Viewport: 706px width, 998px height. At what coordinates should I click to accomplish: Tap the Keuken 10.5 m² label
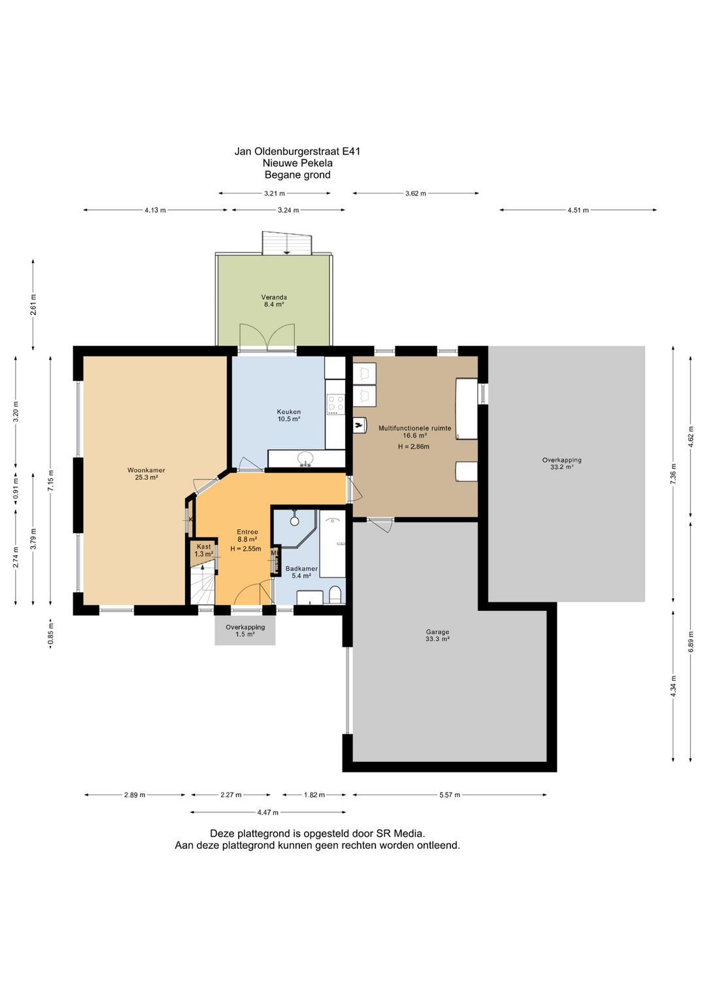(289, 415)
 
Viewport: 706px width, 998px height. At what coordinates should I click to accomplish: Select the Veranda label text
(274, 297)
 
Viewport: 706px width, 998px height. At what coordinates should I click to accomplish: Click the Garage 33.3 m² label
(437, 635)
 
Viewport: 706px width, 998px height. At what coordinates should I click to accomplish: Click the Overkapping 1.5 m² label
(245, 630)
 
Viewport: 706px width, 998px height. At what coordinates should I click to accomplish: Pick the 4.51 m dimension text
(578, 211)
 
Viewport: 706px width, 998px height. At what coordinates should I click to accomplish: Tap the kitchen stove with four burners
(335, 404)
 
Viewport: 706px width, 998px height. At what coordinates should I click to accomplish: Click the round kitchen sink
(305, 458)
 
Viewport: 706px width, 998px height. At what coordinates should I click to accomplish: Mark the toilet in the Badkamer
(334, 594)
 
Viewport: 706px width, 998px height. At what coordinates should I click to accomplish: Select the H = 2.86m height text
(413, 447)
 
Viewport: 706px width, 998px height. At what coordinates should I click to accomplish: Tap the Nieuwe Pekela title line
(297, 163)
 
